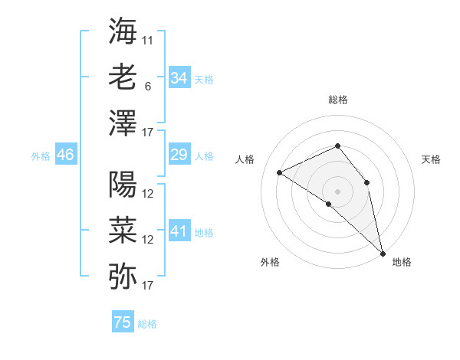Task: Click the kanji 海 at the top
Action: [x=123, y=30]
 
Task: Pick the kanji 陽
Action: [x=123, y=184]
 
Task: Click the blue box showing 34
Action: [x=179, y=78]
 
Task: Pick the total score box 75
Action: [x=123, y=322]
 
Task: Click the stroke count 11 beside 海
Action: [x=148, y=39]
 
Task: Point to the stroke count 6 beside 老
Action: [x=148, y=86]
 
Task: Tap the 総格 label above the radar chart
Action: [x=338, y=100]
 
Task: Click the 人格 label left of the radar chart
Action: [x=245, y=159]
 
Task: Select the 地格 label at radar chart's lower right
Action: [x=402, y=262]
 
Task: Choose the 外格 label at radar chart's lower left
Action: [x=270, y=262]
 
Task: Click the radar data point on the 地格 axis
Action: [x=382, y=252]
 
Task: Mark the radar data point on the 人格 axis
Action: [x=280, y=172]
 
